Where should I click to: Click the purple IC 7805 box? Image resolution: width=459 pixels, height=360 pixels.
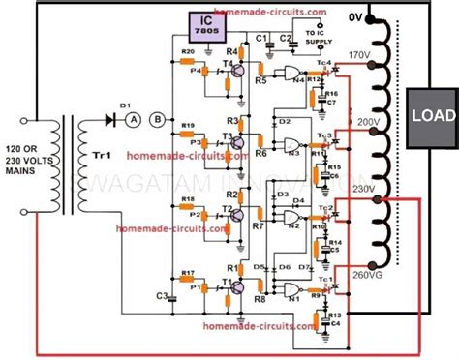(221, 25)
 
